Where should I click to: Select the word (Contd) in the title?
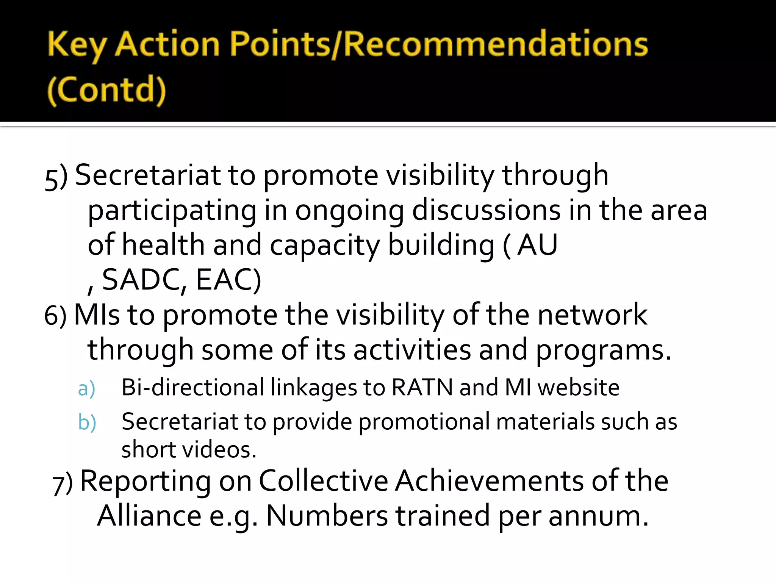[106, 90]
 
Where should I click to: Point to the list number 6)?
[55, 316]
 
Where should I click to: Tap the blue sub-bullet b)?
[87, 422]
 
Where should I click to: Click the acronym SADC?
[144, 280]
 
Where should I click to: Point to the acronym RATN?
[422, 388]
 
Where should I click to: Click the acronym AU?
[537, 245]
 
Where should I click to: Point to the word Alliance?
[149, 516]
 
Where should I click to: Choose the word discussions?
[486, 210]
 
